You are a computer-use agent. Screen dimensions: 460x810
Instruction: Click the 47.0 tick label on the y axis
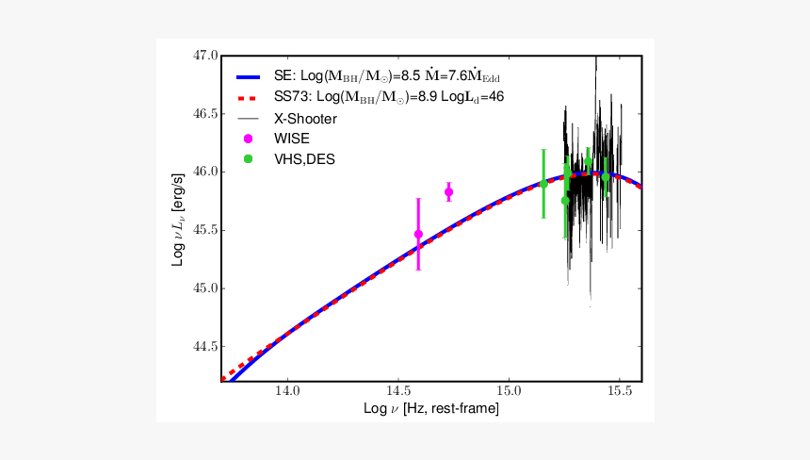[x=205, y=57]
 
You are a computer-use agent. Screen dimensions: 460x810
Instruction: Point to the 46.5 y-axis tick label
[x=205, y=114]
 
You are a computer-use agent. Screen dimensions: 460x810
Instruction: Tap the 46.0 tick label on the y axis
[x=205, y=172]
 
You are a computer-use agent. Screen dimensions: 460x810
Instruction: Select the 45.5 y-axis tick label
[x=205, y=230]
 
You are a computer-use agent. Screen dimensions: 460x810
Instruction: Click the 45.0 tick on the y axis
[x=205, y=288]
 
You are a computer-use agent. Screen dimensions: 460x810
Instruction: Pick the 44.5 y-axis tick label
[x=205, y=347]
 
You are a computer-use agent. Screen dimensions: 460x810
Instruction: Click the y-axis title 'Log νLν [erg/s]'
[x=179, y=218]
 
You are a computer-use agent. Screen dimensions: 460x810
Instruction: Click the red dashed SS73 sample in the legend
[x=248, y=98]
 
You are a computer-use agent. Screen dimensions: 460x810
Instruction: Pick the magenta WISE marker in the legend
[x=248, y=139]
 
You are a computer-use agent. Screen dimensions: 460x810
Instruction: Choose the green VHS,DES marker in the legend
[x=248, y=158]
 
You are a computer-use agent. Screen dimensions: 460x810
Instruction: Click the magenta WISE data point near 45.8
[x=448, y=192]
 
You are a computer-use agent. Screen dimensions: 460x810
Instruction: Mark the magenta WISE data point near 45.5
[x=418, y=234]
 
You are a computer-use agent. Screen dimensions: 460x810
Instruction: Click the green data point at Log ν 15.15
[x=543, y=183]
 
